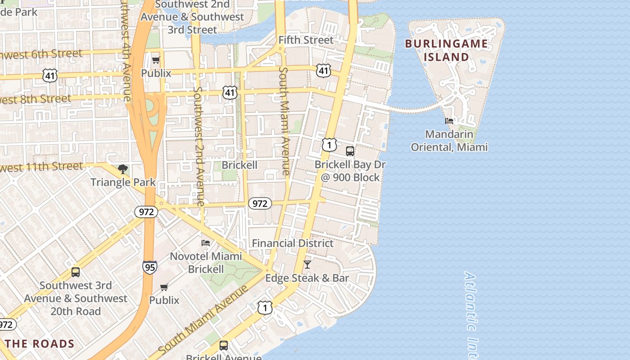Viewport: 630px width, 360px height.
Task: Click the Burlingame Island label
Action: pyautogui.click(x=446, y=50)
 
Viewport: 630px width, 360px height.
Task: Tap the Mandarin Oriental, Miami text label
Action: pyautogui.click(x=449, y=140)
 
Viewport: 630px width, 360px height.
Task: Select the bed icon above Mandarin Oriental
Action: pyautogui.click(x=449, y=121)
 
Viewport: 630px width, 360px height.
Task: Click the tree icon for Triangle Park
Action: pyautogui.click(x=122, y=169)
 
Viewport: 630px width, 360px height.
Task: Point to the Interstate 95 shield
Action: pyautogui.click(x=150, y=267)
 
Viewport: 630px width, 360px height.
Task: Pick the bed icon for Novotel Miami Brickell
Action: pyautogui.click(x=206, y=243)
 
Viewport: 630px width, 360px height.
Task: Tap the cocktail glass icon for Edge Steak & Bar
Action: pyautogui.click(x=307, y=264)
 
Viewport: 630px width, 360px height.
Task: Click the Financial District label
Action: pyautogui.click(x=292, y=243)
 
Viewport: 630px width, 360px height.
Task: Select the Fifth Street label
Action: pyautogui.click(x=306, y=40)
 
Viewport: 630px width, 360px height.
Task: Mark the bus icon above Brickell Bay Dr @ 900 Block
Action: pyautogui.click(x=350, y=151)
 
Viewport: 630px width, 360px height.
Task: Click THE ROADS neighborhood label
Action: pyautogui.click(x=40, y=344)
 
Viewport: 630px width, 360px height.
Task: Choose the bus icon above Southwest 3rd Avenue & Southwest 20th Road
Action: pyautogui.click(x=76, y=272)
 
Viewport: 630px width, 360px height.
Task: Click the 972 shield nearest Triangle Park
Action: pyautogui.click(x=146, y=211)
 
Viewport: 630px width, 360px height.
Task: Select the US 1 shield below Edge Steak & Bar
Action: pyautogui.click(x=265, y=308)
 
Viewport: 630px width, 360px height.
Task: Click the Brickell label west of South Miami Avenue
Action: pyautogui.click(x=239, y=165)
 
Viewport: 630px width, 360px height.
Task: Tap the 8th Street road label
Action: pyautogui.click(x=36, y=99)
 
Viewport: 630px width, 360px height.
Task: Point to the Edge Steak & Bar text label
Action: pyautogui.click(x=307, y=278)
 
